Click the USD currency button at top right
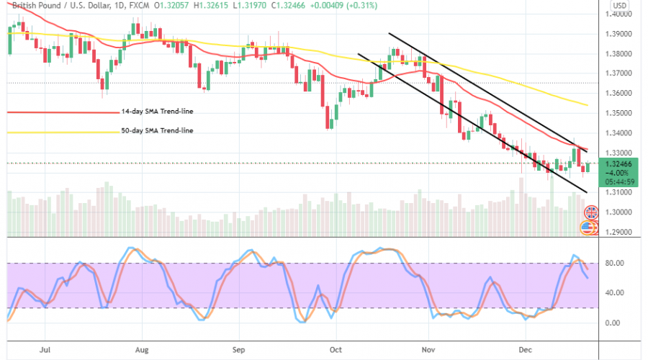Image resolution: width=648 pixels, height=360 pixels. coord(618,4)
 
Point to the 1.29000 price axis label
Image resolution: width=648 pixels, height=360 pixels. coord(621,233)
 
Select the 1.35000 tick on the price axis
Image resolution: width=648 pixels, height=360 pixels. coord(621,113)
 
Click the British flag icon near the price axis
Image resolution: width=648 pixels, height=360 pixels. coord(591,212)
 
